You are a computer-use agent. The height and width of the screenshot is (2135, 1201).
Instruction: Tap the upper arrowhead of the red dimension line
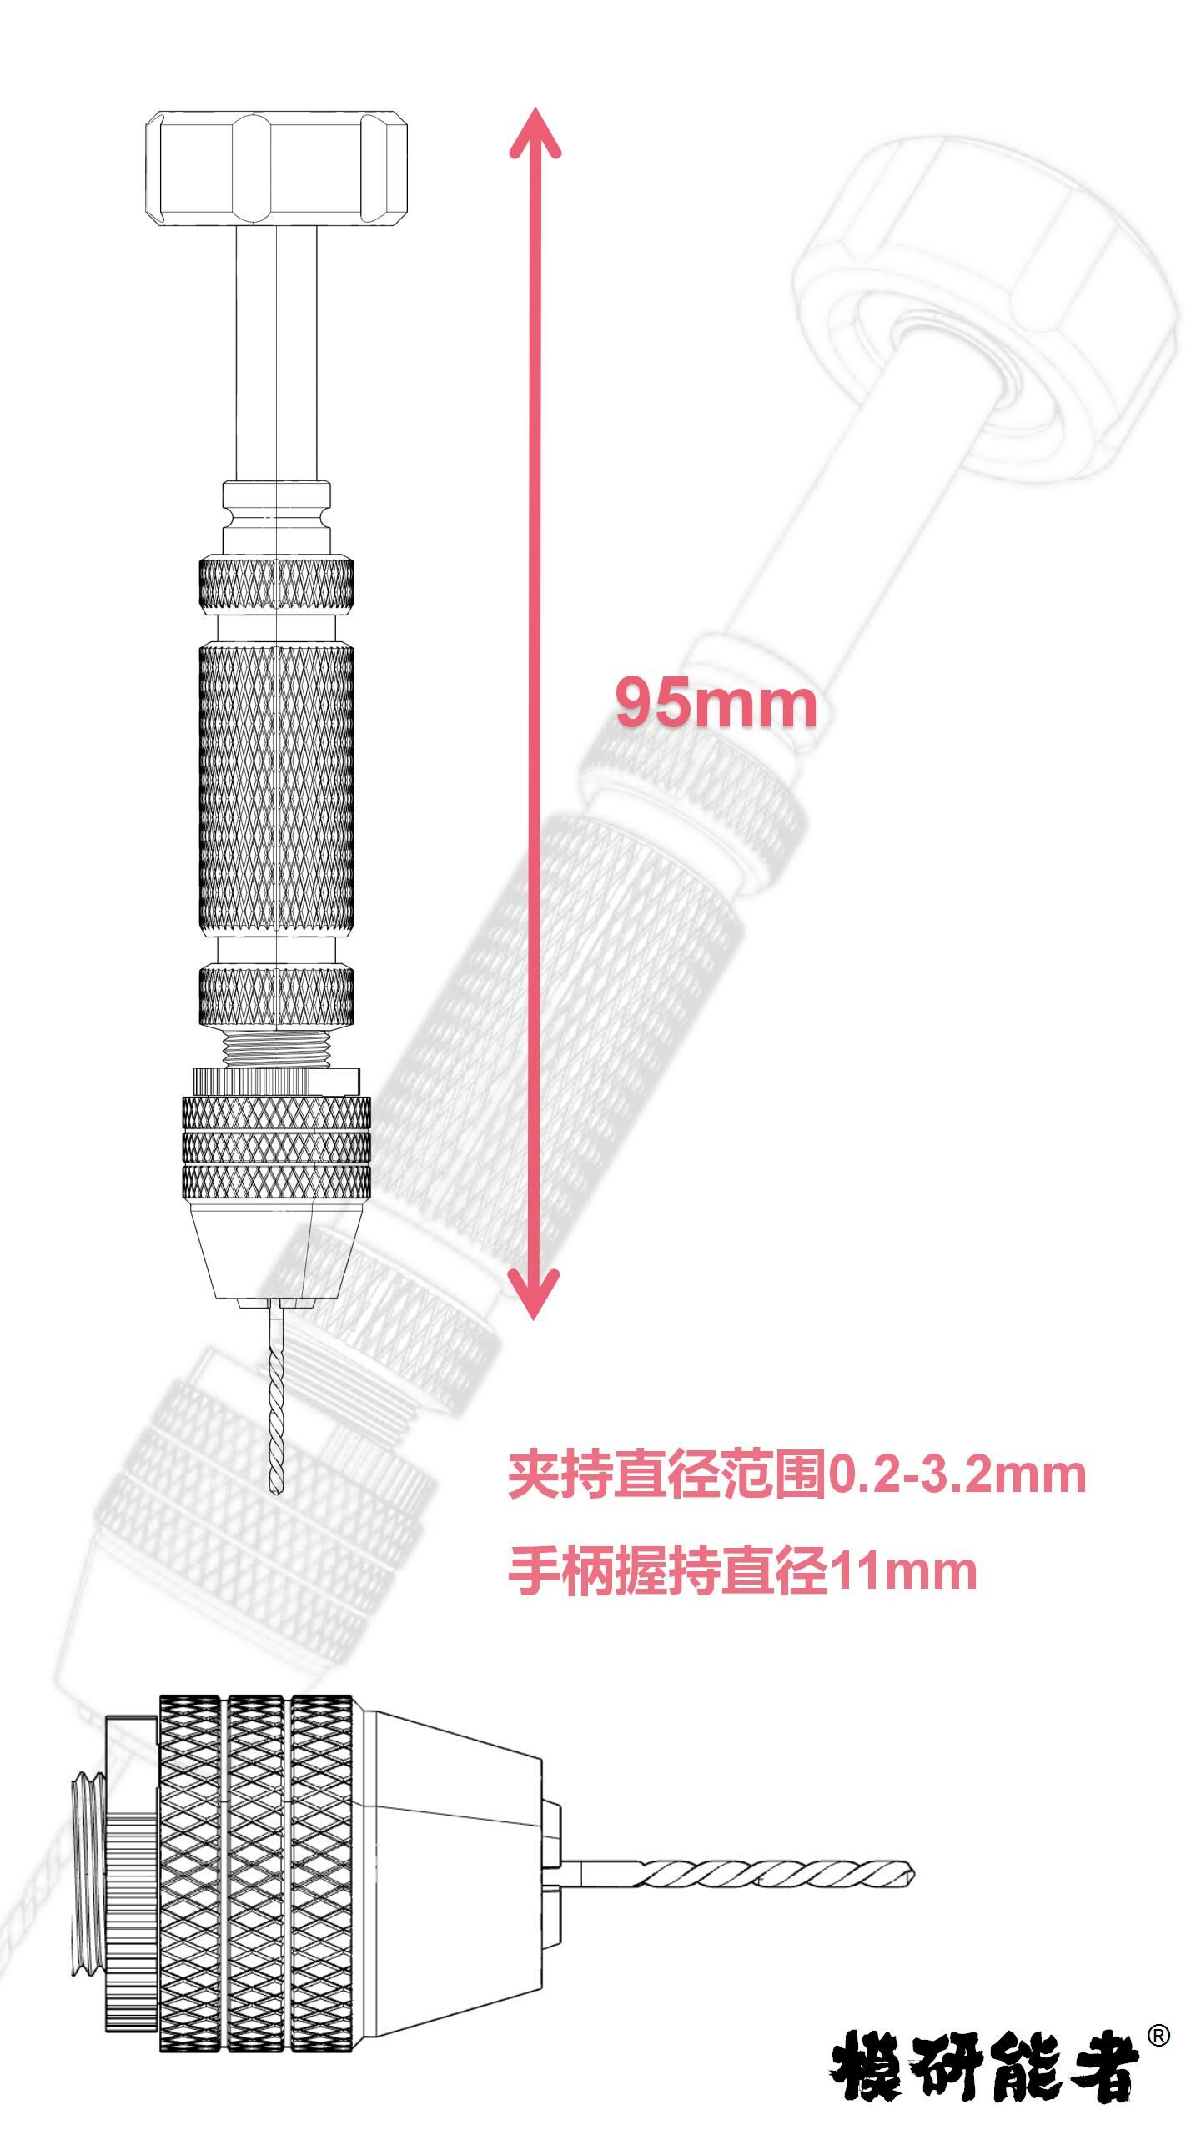click(535, 133)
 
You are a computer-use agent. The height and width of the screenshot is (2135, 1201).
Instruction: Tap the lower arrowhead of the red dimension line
click(535, 1292)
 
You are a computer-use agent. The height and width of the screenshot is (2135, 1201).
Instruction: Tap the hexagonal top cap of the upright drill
click(276, 169)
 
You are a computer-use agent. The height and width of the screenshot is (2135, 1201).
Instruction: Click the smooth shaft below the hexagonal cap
click(276, 350)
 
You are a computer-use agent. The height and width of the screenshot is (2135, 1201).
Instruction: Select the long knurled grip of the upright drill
click(276, 788)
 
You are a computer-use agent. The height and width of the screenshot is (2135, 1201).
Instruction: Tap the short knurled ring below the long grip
click(276, 995)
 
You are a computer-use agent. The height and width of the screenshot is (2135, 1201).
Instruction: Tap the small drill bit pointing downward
click(276, 1401)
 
